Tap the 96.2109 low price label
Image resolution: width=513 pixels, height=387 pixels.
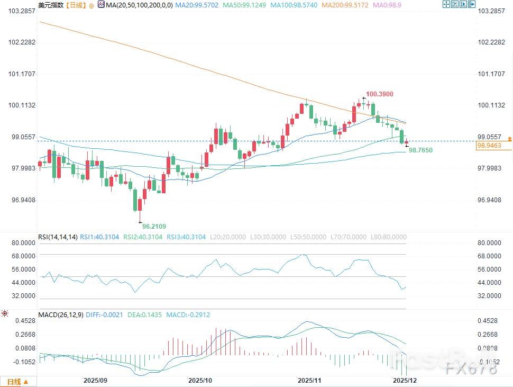click(x=154, y=227)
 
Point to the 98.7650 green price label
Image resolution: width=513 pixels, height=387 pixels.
click(x=420, y=151)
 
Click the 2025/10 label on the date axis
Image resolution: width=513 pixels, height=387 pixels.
click(x=200, y=381)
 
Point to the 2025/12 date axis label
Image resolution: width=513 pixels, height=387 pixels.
click(x=404, y=381)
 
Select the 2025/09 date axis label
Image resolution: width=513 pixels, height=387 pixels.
click(x=95, y=381)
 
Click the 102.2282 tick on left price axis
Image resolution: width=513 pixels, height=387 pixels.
click(x=19, y=42)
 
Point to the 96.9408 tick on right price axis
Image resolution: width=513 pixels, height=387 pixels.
click(x=490, y=200)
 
